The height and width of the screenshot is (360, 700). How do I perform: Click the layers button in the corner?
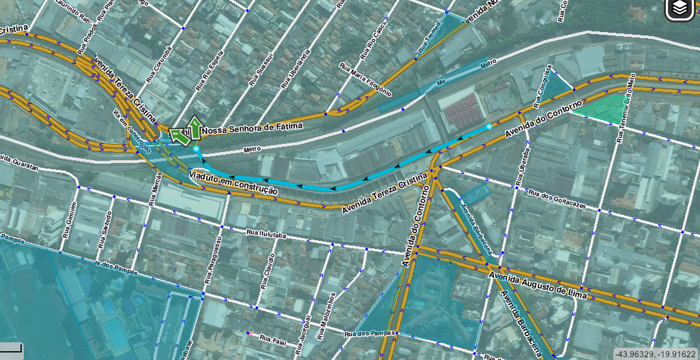click(x=680, y=8)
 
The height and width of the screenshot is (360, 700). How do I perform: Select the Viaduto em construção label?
click(x=233, y=183)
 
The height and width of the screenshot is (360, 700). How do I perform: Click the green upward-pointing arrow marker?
click(x=194, y=127)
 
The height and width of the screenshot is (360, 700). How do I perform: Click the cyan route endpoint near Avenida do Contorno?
click(x=489, y=127)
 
